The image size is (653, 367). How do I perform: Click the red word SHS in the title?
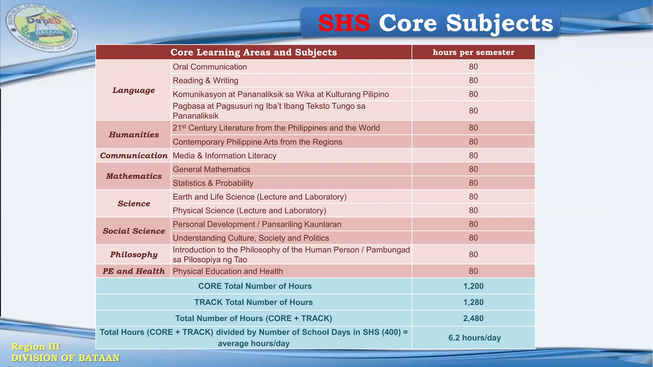pyautogui.click(x=344, y=23)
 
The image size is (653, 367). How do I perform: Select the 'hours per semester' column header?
pyautogui.click(x=473, y=52)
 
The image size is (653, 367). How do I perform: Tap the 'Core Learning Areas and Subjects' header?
pyautogui.click(x=253, y=52)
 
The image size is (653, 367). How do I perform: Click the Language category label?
pyautogui.click(x=134, y=90)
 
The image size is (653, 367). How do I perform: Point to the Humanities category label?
pyautogui.click(x=134, y=134)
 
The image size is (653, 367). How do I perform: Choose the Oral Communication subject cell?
pyautogui.click(x=210, y=67)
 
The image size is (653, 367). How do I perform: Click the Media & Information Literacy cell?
pyautogui.click(x=224, y=155)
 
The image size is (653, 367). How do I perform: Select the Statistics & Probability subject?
pyautogui.click(x=213, y=183)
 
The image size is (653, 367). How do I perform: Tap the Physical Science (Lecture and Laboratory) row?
pyautogui.click(x=249, y=211)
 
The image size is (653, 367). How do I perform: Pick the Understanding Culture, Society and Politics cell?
pyautogui.click(x=251, y=238)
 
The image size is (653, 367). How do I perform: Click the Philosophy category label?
pyautogui.click(x=134, y=255)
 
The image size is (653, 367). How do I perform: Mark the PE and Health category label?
pyautogui.click(x=134, y=271)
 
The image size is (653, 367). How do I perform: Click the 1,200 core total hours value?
pyautogui.click(x=473, y=286)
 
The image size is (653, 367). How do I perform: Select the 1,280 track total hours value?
pyautogui.click(x=473, y=302)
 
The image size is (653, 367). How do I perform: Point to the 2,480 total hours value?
pyautogui.click(x=473, y=318)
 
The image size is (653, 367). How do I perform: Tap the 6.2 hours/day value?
pyautogui.click(x=474, y=338)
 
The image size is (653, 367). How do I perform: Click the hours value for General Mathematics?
pyautogui.click(x=473, y=169)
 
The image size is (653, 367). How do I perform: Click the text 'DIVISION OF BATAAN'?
pyautogui.click(x=65, y=358)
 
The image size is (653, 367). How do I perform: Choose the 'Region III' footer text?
pyautogui.click(x=35, y=347)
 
